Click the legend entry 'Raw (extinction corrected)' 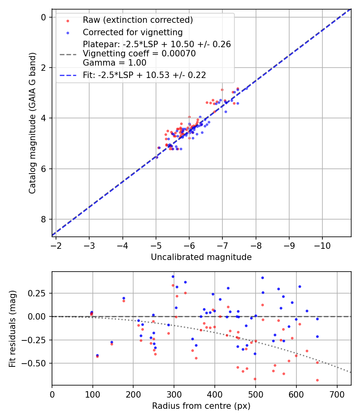click(x=138, y=20)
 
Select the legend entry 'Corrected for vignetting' click(x=132, y=32)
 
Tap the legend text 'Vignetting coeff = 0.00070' click(x=139, y=54)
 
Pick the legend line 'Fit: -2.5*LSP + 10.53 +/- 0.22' click(x=144, y=75)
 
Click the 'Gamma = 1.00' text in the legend click(x=114, y=63)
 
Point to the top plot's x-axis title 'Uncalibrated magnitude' click(x=201, y=257)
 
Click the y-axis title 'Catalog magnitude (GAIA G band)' click(x=32, y=123)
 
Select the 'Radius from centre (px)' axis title click(x=201, y=406)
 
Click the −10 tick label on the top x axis click(x=322, y=245)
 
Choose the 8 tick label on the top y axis click(x=44, y=219)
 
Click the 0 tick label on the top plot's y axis click(x=44, y=17)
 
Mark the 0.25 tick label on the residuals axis click(x=38, y=293)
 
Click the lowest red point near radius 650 click(x=317, y=380)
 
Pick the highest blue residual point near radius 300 click(x=173, y=276)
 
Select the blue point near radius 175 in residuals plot click(x=124, y=298)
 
